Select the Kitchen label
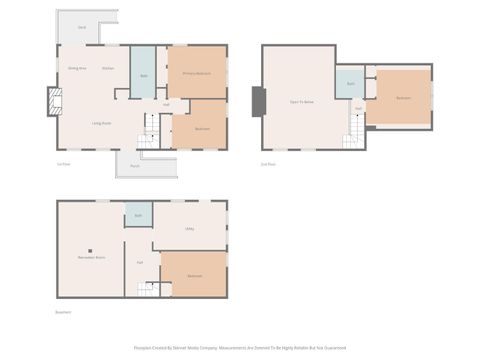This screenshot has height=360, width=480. point(107,68)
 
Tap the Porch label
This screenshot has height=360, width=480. point(134,165)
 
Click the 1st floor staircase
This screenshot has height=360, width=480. point(149,126)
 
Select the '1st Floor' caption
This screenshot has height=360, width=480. point(64,164)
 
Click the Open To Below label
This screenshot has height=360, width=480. point(302,102)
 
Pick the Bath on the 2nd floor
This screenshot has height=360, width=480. point(351,84)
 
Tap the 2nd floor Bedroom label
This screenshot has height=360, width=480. point(402,98)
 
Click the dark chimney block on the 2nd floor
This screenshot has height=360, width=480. point(259,100)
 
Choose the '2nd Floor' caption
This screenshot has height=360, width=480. point(267,164)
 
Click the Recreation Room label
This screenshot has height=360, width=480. point(93,258)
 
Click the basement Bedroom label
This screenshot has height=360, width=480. point(194,275)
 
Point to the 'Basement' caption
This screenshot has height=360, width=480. point(66,311)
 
